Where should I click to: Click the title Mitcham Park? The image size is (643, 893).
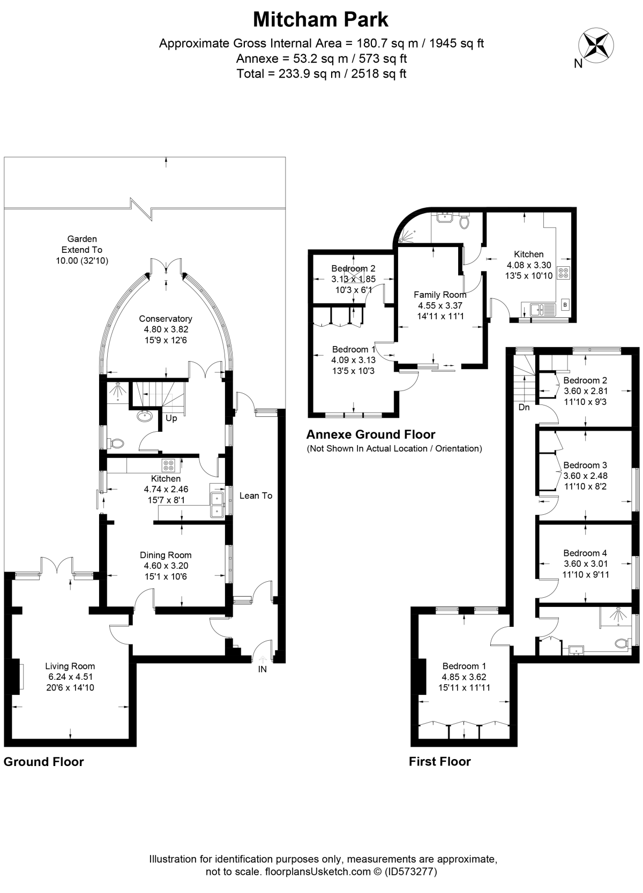pyautogui.click(x=321, y=19)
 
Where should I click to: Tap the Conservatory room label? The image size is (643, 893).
pyautogui.click(x=166, y=319)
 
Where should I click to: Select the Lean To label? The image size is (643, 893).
pyautogui.click(x=256, y=496)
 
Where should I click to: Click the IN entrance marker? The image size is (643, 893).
pyautogui.click(x=262, y=670)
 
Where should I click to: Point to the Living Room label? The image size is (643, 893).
pyautogui.click(x=70, y=666)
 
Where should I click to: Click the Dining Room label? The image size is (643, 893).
pyautogui.click(x=166, y=555)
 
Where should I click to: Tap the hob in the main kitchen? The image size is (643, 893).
pyautogui.click(x=168, y=466)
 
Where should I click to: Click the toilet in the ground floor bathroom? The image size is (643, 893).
pyautogui.click(x=116, y=444)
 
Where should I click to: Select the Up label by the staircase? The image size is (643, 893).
pyautogui.click(x=171, y=418)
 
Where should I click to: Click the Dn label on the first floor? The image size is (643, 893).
pyautogui.click(x=524, y=408)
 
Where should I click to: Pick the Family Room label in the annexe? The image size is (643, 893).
pyautogui.click(x=440, y=295)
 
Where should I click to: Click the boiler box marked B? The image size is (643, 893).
pyautogui.click(x=565, y=305)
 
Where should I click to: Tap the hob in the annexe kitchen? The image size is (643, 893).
pyautogui.click(x=564, y=273)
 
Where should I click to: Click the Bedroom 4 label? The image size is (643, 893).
pyautogui.click(x=585, y=553)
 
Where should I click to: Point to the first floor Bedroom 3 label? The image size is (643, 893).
pyautogui.click(x=585, y=465)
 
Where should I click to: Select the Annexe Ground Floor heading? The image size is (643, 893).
pyautogui.click(x=371, y=434)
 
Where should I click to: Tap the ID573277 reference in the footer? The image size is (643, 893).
pyautogui.click(x=411, y=872)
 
